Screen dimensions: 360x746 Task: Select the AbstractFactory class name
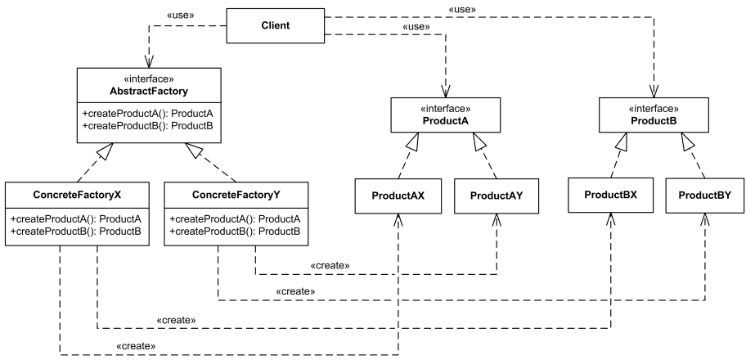[x=150, y=90]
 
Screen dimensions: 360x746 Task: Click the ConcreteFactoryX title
[x=79, y=196]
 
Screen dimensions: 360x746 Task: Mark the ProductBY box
[x=705, y=196]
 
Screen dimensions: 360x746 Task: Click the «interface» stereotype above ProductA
[x=446, y=108]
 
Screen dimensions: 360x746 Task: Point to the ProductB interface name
[x=654, y=120]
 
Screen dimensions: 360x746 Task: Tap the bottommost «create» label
[x=136, y=346]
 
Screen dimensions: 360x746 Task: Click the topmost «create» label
[x=330, y=266]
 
